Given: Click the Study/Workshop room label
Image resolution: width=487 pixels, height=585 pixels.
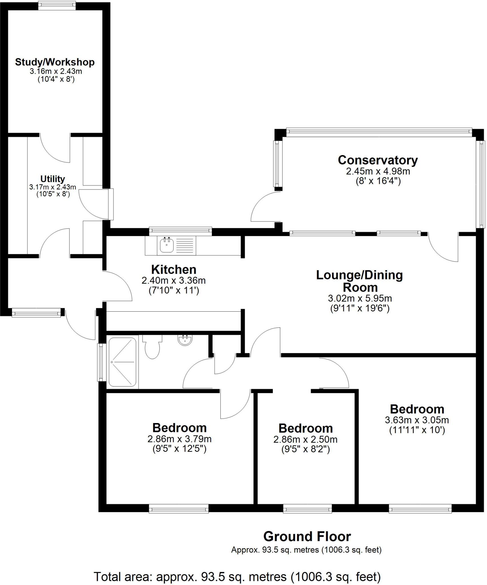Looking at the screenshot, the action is [55, 62].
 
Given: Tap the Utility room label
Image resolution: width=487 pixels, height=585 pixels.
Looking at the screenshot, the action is [53, 179].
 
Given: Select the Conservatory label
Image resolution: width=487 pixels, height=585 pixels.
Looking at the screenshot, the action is [378, 160].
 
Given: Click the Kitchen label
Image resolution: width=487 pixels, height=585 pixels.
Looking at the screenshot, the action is [174, 269].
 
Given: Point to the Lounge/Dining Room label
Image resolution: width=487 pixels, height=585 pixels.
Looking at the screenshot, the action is [360, 281].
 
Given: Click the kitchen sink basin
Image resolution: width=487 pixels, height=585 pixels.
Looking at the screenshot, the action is [166, 245].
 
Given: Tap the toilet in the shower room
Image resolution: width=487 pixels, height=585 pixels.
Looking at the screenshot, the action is [152, 347].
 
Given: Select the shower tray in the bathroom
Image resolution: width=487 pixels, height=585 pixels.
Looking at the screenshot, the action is [122, 362].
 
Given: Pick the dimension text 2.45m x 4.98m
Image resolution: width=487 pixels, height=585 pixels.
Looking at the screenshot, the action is [378, 171].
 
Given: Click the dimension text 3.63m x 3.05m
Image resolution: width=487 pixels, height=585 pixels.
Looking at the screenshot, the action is [417, 420].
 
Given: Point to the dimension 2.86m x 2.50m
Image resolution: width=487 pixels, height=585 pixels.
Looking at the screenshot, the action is [305, 440].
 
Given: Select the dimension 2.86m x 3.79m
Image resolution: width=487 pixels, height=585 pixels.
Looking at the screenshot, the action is [179, 439].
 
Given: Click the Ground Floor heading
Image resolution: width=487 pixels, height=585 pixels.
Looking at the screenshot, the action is [307, 537].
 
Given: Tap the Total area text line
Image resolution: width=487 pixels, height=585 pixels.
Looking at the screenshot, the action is [237, 576].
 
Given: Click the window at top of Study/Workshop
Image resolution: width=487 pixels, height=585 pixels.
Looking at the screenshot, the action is [57, 5].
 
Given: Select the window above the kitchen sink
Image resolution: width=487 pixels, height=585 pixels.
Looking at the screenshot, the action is [180, 231].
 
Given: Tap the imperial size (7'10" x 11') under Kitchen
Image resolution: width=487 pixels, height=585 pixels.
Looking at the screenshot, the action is [174, 291].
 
